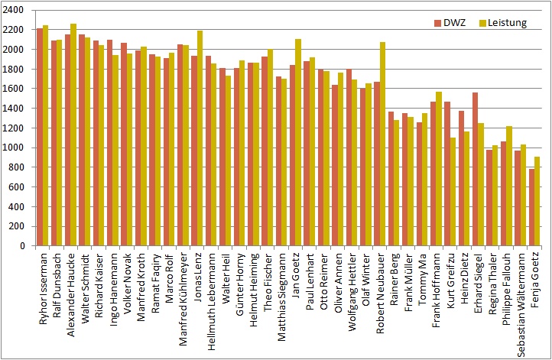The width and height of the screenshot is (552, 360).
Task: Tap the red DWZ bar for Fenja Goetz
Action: point(531,207)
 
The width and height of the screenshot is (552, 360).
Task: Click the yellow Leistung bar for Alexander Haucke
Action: point(73,135)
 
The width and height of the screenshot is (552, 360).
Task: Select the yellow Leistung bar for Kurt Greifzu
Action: point(452,192)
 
